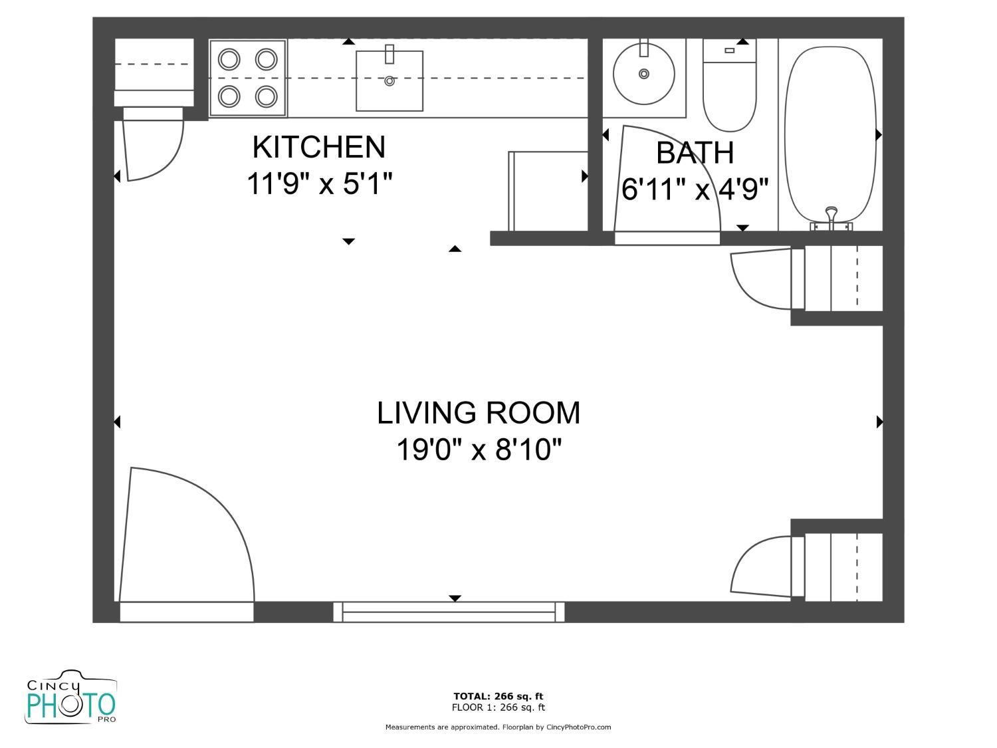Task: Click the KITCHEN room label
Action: click(318, 147)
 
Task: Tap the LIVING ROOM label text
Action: click(478, 413)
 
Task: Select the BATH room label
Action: click(695, 153)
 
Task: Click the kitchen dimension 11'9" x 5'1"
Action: click(319, 184)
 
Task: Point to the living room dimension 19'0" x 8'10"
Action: click(478, 450)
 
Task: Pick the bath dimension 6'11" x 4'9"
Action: click(695, 189)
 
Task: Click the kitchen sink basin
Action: click(389, 81)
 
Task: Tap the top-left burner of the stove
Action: click(229, 60)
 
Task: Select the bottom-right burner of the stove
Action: click(267, 96)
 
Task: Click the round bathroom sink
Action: click(643, 74)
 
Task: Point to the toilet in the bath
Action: click(729, 90)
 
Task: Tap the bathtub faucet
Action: click(831, 216)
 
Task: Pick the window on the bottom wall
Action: click(449, 612)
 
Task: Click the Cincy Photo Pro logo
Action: click(70, 698)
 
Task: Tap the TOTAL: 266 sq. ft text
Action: click(498, 697)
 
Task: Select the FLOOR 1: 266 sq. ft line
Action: click(498, 707)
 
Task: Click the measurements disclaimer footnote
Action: click(498, 727)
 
